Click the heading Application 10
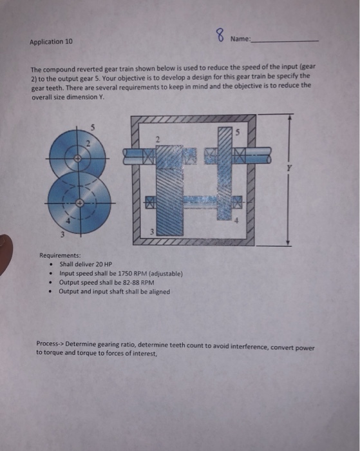click(51, 42)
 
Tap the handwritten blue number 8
click(220, 35)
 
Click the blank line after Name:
click(285, 41)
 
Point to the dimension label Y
click(289, 168)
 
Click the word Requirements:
click(60, 255)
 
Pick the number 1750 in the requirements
click(125, 273)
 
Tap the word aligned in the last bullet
click(160, 291)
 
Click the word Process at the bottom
click(47, 343)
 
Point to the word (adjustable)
click(166, 274)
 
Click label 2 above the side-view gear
click(157, 140)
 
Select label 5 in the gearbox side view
click(237, 133)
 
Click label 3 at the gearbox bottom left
click(152, 231)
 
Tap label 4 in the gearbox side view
click(236, 221)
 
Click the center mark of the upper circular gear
click(77, 158)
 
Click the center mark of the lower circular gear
click(81, 203)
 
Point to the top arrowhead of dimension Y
click(290, 117)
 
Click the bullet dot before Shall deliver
click(51, 265)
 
